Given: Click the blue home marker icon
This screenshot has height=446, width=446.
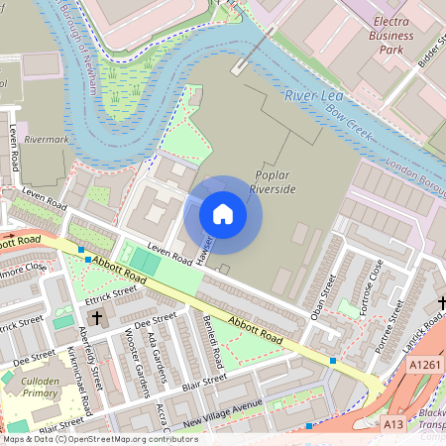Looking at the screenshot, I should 223,213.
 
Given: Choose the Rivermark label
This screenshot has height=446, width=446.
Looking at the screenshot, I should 46,140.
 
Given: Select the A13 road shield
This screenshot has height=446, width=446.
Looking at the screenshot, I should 393,424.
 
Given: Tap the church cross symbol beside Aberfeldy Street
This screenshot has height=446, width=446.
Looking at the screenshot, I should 97,318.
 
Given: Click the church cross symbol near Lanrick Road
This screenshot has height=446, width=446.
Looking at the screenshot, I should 439,304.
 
